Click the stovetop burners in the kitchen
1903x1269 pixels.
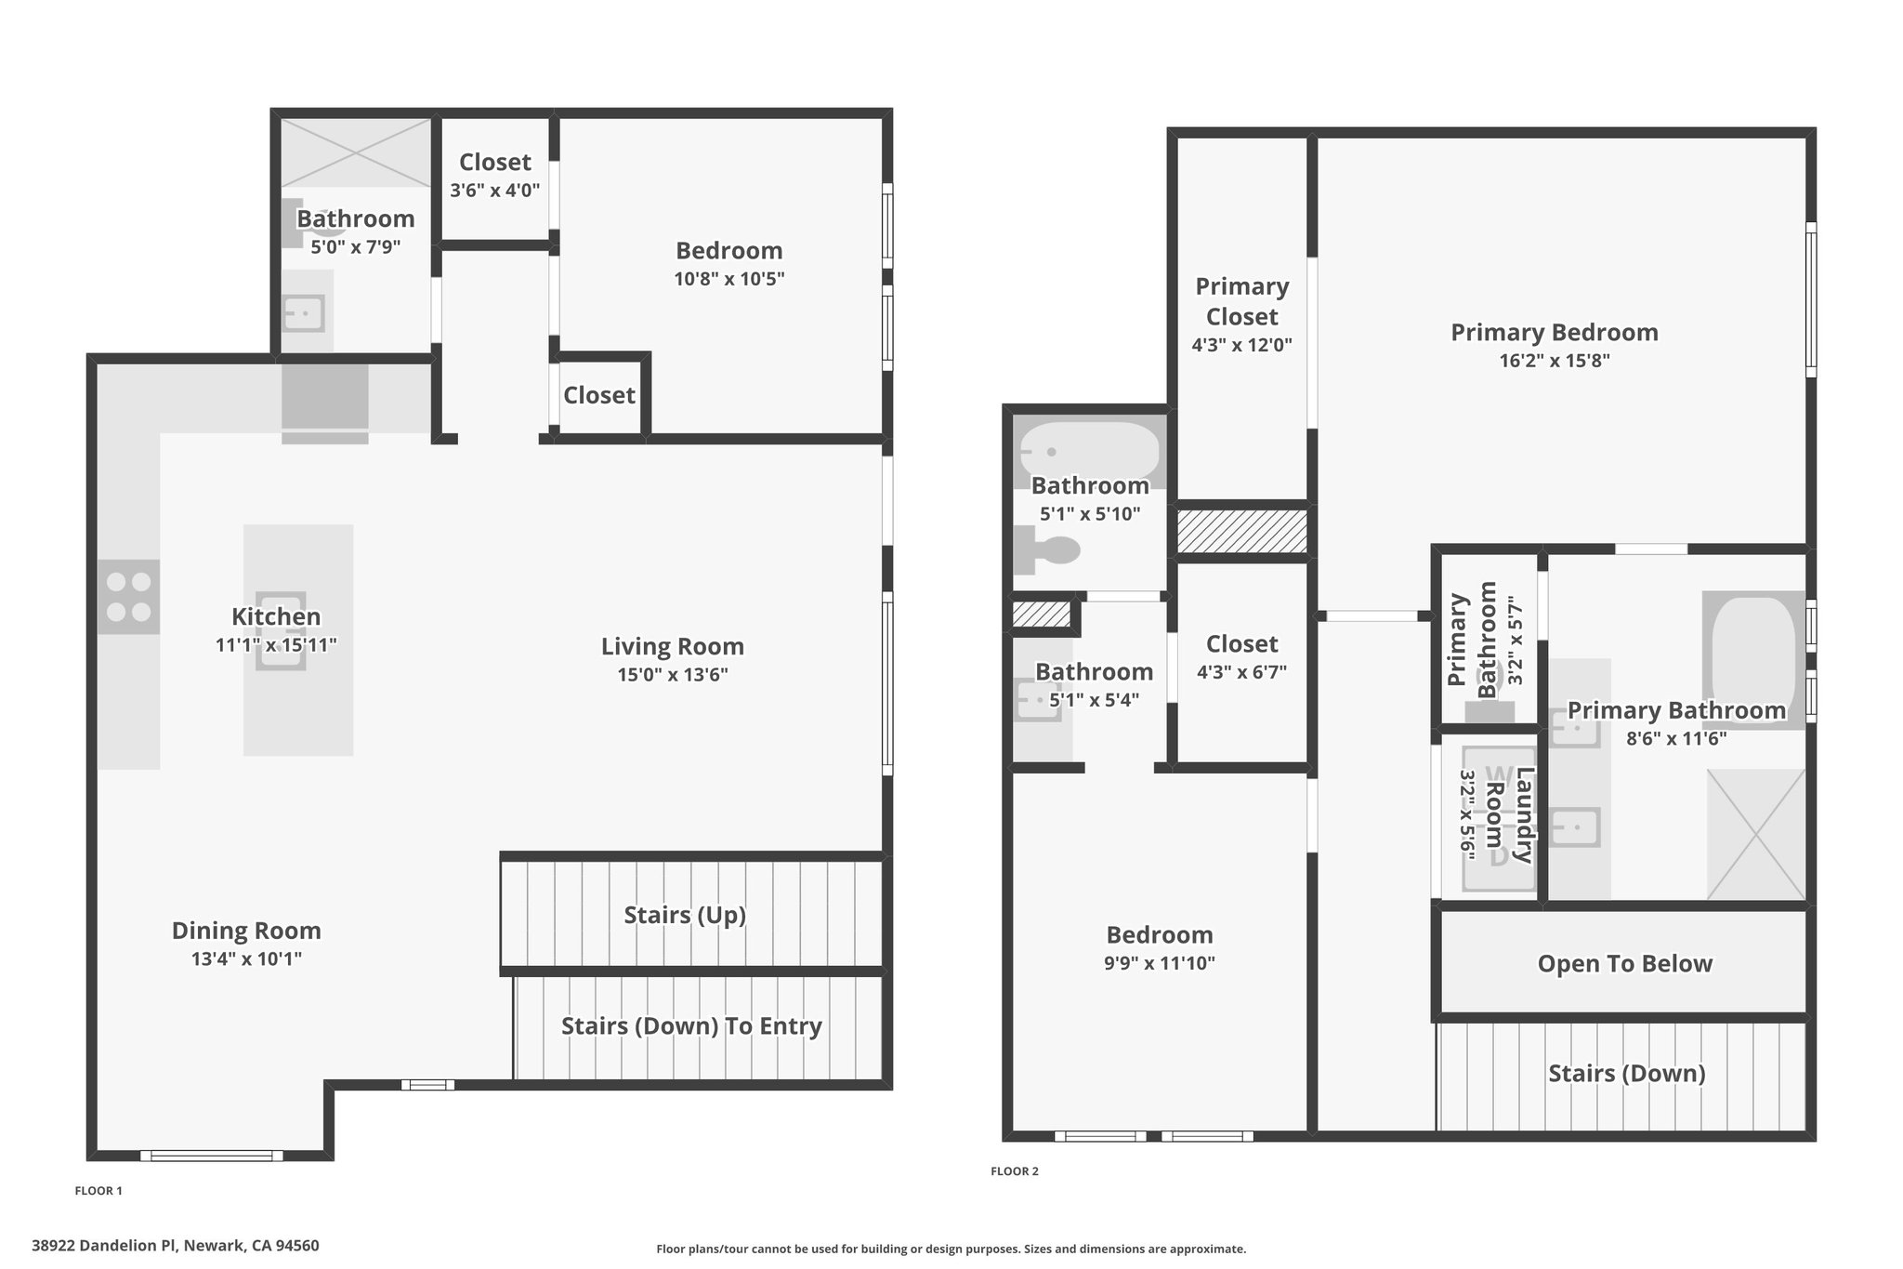[x=128, y=597]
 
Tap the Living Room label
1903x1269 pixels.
[x=672, y=646]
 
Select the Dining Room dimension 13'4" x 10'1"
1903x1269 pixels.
[x=246, y=958]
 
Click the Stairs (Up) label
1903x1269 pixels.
[x=685, y=915]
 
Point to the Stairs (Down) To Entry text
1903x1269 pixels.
[x=691, y=1025]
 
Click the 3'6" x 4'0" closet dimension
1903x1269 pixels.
[x=495, y=191]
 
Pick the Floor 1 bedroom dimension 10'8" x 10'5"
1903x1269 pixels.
[x=729, y=278]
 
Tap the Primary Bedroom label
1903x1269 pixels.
[x=1555, y=332]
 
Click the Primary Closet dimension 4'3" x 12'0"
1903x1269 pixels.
[x=1242, y=345]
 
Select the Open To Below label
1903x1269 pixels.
[x=1625, y=963]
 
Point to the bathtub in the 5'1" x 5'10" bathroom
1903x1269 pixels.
[x=1090, y=452]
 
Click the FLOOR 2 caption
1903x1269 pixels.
[x=1015, y=1171]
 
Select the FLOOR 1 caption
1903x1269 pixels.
[x=98, y=1191]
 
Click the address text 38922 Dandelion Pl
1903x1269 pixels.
[x=105, y=1246]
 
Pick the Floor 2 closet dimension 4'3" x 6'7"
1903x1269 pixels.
[x=1242, y=672]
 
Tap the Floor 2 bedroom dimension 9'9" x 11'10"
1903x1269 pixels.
[x=1160, y=963]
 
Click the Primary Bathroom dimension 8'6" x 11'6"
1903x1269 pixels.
[x=1676, y=738]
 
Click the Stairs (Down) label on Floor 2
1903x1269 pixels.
[x=1627, y=1073]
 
